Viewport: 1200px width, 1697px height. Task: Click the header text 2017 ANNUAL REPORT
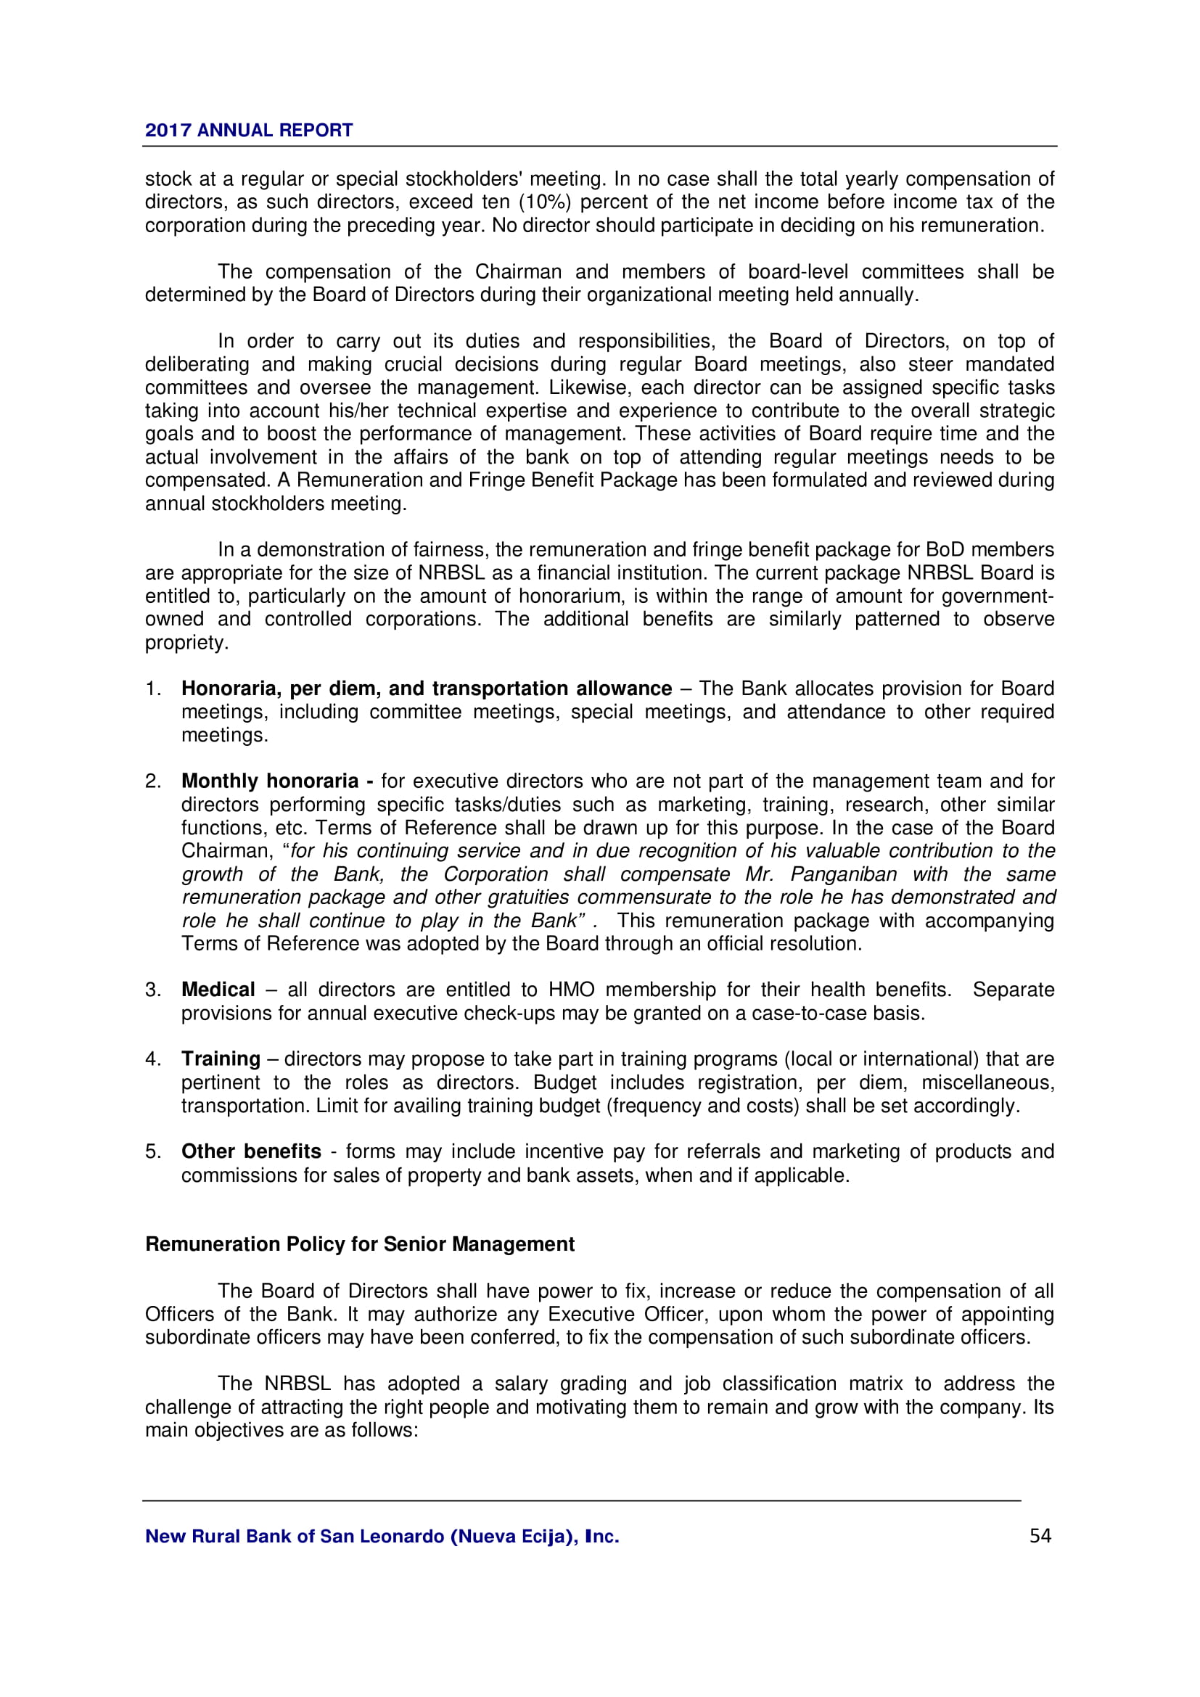click(x=248, y=130)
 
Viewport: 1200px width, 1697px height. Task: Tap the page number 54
click(x=1040, y=1536)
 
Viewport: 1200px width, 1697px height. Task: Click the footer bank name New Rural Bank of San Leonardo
click(x=382, y=1537)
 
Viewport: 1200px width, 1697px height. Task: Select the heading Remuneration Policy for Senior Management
click(x=359, y=1244)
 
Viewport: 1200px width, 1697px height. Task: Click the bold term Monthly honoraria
click(x=277, y=781)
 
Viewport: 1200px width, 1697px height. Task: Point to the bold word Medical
click(x=218, y=990)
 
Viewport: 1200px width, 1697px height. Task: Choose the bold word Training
click(x=221, y=1059)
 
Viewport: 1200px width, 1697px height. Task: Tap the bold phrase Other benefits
click(x=251, y=1151)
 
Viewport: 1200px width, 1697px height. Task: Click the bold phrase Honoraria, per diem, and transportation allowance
click(x=427, y=689)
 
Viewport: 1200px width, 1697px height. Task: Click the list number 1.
click(x=152, y=689)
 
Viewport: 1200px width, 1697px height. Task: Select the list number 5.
click(x=152, y=1151)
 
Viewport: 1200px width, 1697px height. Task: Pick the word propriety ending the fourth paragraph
click(x=186, y=643)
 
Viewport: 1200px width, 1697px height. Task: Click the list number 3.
click(x=152, y=990)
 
